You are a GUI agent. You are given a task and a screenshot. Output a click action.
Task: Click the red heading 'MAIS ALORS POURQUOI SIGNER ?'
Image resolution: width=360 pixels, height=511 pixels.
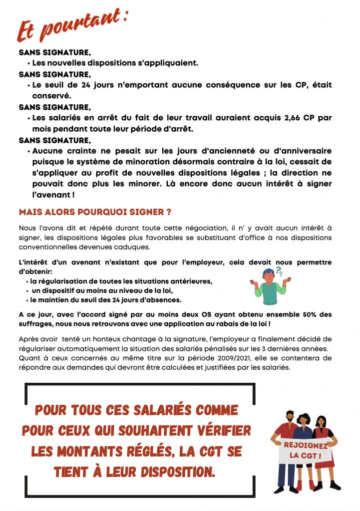[x=95, y=212]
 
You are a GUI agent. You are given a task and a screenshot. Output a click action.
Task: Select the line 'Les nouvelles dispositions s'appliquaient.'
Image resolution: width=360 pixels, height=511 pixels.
[x=115, y=63]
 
